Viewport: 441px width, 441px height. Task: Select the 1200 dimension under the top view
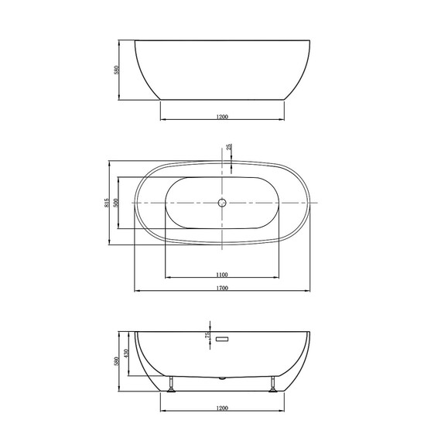(x=222, y=117)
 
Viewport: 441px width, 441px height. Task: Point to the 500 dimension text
(x=116, y=203)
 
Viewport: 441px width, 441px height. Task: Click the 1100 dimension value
(x=221, y=275)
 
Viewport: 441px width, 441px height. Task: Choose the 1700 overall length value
(x=222, y=289)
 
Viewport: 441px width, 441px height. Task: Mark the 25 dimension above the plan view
(x=229, y=147)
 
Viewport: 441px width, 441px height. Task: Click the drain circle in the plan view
(x=222, y=203)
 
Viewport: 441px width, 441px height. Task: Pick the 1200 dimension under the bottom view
(x=222, y=408)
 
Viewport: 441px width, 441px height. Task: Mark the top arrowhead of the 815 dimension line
(x=109, y=163)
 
